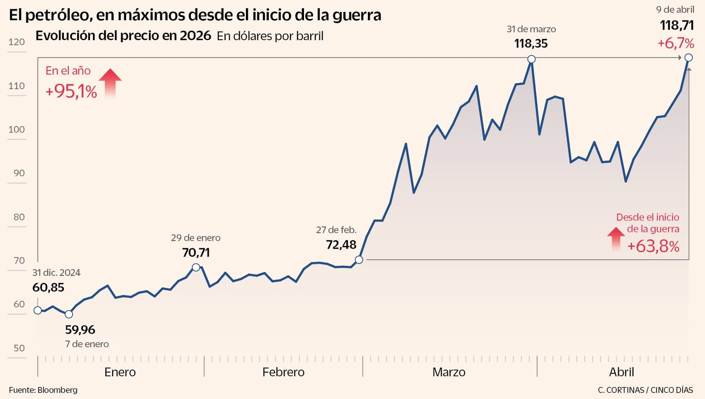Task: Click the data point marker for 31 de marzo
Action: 531,59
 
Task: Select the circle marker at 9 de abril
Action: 689,57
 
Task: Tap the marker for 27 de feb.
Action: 359,260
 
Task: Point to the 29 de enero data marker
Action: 196,267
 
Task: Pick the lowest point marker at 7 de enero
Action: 69,314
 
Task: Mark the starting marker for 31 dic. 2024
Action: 38,310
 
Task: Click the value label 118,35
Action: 531,44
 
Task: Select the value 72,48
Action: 341,245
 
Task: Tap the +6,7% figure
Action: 675,43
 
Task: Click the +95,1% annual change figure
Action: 71,91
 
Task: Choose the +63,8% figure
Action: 653,246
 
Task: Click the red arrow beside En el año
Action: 110,82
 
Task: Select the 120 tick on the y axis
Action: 17,42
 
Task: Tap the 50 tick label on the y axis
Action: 19,348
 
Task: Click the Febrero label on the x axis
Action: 283,372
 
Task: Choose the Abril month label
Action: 621,372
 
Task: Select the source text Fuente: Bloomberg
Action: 43,390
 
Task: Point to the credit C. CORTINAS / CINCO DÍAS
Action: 645,390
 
